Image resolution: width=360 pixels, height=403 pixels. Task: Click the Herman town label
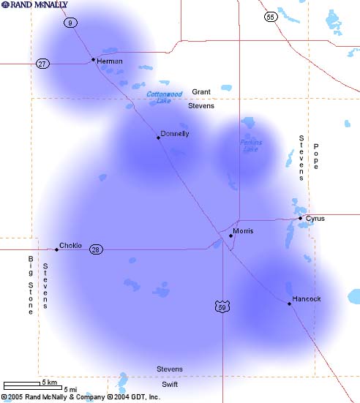[110, 61]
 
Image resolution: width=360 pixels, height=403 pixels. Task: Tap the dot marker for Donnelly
[158, 138]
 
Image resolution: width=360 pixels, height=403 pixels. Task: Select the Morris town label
[243, 231]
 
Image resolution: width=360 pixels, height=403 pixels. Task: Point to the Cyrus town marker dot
[300, 218]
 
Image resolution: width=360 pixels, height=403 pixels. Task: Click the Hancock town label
[306, 299]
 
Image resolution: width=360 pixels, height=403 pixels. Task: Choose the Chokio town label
[70, 246]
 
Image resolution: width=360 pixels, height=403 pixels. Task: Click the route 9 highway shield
[70, 23]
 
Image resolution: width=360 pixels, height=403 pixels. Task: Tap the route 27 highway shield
[42, 64]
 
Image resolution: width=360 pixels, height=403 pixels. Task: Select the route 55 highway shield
[271, 16]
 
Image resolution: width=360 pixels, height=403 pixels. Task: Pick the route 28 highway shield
[97, 249]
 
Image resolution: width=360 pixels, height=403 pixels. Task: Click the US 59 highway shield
[222, 307]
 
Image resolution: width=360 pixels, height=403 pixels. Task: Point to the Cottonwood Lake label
[164, 97]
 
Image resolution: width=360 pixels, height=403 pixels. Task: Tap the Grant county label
[201, 92]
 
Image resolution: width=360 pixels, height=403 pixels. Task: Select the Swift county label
[170, 384]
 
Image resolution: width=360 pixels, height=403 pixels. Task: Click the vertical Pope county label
[317, 157]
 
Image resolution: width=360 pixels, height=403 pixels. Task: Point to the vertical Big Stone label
[31, 285]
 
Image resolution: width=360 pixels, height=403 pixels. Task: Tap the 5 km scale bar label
[49, 383]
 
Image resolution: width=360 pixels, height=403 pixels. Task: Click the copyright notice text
[80, 397]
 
